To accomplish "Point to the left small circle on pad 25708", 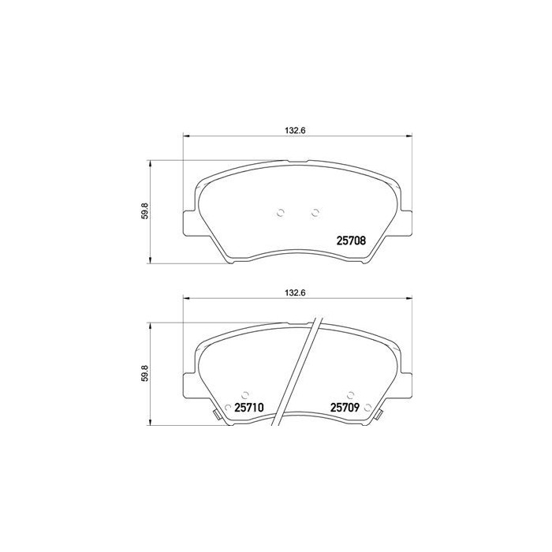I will click(282, 211).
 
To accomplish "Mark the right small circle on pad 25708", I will click(315, 211).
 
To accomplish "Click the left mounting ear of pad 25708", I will click(188, 222).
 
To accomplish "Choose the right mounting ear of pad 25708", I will click(404, 222).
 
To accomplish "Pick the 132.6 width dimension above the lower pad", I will click(293, 292).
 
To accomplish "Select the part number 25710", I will click(248, 408).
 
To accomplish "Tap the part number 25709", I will click(345, 408).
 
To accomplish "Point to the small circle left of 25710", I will click(229, 408).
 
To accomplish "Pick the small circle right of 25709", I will click(367, 408).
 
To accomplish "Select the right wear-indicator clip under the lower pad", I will click(379, 416).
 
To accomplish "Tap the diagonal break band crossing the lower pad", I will click(303, 371).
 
